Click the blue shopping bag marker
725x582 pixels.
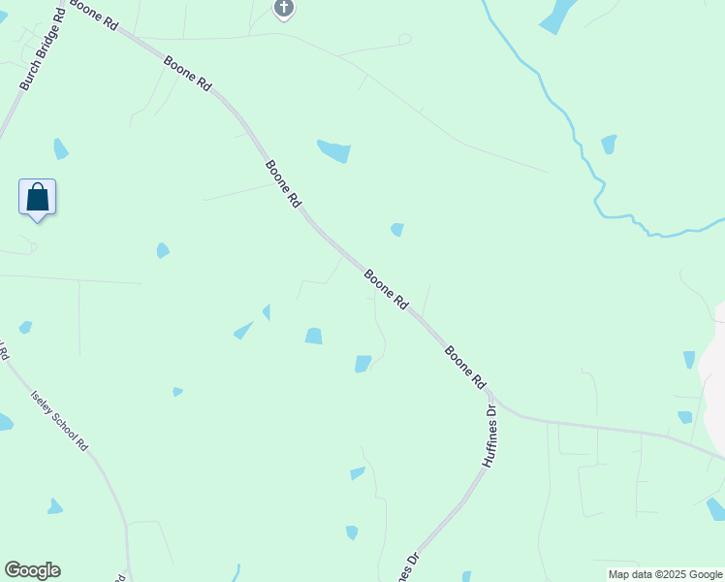click(x=37, y=197)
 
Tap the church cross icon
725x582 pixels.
click(x=283, y=9)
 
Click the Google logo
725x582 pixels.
click(x=32, y=570)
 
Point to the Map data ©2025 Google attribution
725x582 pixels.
click(x=666, y=574)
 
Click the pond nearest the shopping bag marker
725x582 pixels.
click(x=60, y=148)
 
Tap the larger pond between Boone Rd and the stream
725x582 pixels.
click(x=334, y=151)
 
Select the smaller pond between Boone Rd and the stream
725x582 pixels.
click(x=396, y=230)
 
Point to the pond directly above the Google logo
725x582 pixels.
click(x=54, y=506)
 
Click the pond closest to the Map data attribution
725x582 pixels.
click(x=715, y=508)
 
